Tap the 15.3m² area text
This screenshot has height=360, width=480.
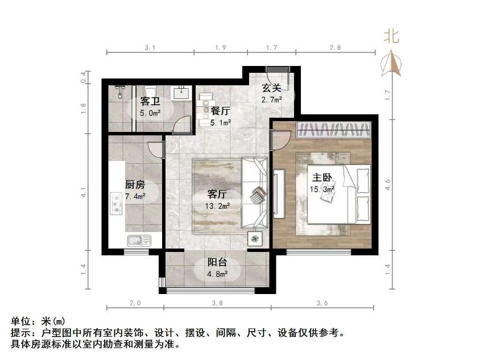(x=322, y=189)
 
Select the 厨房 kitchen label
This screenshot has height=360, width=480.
(x=135, y=185)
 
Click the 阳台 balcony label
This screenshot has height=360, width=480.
(x=217, y=263)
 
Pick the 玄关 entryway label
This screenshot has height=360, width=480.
(x=271, y=88)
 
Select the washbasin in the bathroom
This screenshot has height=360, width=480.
(x=181, y=92)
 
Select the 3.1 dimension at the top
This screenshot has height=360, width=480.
(x=150, y=48)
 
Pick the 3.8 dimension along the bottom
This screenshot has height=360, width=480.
(x=217, y=303)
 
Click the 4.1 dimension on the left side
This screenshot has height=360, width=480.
(x=84, y=192)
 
